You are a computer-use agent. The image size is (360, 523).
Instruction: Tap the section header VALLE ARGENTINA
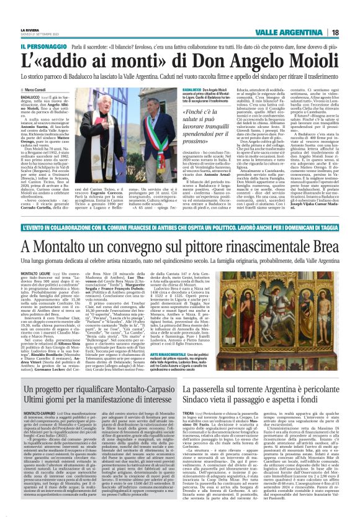299,32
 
